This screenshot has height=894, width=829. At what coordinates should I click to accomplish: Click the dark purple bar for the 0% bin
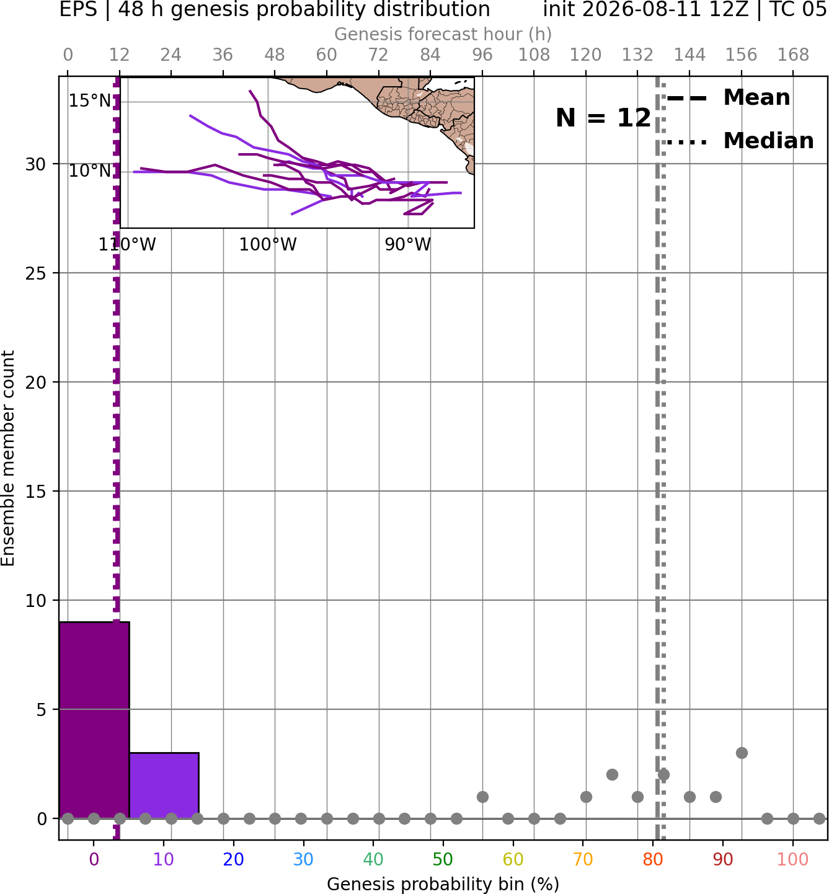coord(94,720)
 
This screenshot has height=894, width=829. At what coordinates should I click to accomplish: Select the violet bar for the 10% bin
coord(164,785)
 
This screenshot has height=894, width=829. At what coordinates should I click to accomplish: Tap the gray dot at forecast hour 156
coord(742,753)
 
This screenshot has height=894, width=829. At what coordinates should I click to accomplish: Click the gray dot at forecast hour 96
coord(482,797)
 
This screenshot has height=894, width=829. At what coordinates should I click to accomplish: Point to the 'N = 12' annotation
coord(603,118)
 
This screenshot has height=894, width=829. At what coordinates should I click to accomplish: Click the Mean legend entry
coord(728,98)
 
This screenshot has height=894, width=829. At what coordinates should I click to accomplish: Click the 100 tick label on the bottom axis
coord(793,859)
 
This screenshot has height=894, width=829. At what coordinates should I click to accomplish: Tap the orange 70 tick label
coord(583,859)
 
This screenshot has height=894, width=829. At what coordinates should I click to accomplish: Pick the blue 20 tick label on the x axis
coord(233,859)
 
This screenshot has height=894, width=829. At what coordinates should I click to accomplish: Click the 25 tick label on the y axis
coord(36,273)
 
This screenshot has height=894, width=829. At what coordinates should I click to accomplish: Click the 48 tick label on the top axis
coord(275,55)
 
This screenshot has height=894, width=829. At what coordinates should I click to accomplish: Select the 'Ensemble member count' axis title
coord(7,458)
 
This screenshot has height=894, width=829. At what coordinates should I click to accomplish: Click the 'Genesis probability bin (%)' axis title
coord(443,884)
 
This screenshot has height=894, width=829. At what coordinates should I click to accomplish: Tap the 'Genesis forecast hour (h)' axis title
coord(443,34)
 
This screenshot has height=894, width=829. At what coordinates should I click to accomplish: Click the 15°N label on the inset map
coord(90,100)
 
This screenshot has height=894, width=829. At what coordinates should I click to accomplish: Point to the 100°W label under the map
coord(267,244)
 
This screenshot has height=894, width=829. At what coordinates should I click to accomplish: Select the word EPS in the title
coord(78,9)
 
